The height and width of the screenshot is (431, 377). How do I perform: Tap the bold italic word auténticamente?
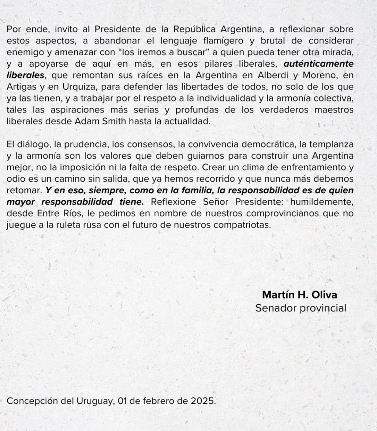[318, 64]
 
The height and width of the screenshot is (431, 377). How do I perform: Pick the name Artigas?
[21, 87]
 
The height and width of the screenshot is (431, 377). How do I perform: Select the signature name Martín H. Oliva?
[299, 295]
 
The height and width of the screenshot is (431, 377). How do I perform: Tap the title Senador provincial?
[301, 308]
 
